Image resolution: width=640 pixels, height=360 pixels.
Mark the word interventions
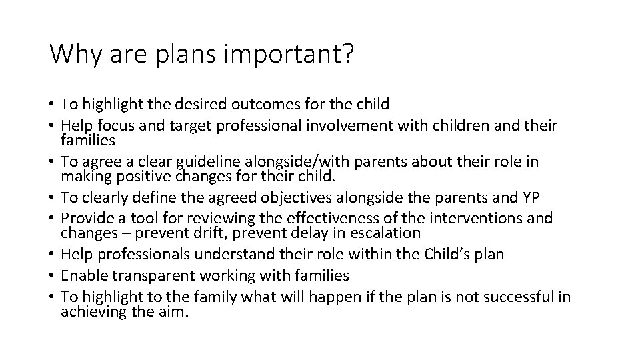click(x=479, y=218)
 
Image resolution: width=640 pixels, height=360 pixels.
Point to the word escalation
click(x=385, y=233)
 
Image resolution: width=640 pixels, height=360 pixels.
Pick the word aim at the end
click(x=175, y=311)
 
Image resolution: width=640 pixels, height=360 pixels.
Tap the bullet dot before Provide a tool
click(x=52, y=218)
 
